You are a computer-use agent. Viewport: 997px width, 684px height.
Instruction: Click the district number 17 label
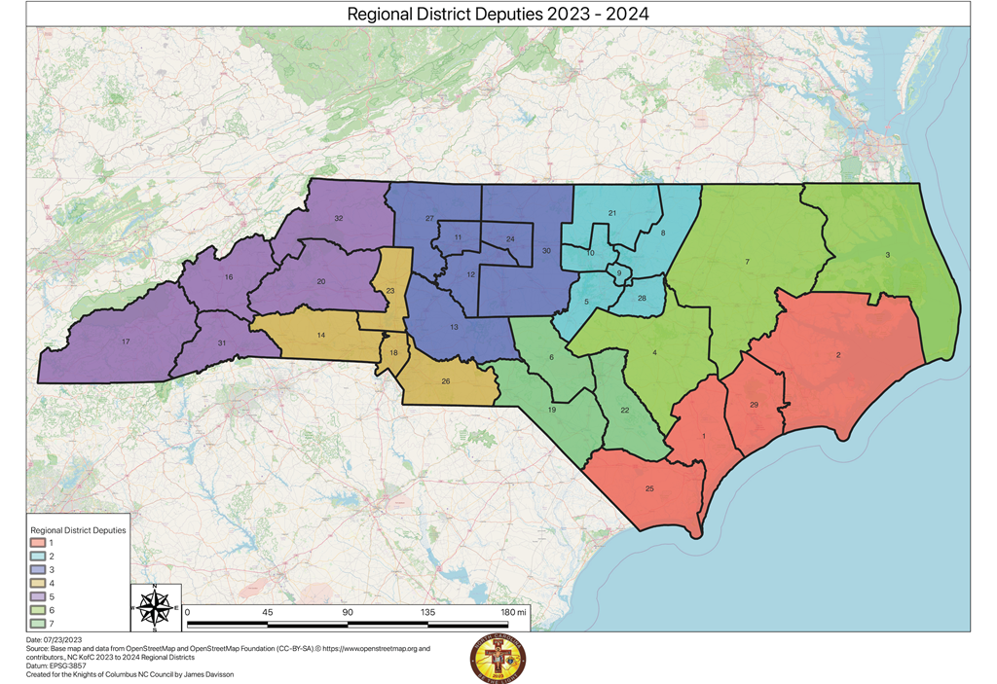point(126,342)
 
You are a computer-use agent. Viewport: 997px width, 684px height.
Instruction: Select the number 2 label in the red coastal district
point(838,355)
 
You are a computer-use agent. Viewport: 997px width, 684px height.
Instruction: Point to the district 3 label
point(887,255)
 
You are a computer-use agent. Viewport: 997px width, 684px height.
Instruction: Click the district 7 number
point(747,263)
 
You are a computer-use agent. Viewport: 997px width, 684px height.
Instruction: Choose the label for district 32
point(338,218)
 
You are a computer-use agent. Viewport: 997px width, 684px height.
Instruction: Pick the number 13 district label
point(454,327)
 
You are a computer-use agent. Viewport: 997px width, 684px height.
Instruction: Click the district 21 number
point(612,213)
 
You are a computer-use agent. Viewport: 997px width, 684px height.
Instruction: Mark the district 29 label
point(755,404)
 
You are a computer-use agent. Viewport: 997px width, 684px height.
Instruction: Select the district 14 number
point(320,334)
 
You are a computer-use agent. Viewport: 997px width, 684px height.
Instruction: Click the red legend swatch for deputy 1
point(38,543)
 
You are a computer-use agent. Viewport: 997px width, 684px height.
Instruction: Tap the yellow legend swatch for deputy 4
point(38,581)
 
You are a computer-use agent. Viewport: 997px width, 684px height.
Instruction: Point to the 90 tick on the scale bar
point(347,612)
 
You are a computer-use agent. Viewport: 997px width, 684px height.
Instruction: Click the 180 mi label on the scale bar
point(513,612)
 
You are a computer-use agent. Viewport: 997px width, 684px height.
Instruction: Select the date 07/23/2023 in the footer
point(54,638)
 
